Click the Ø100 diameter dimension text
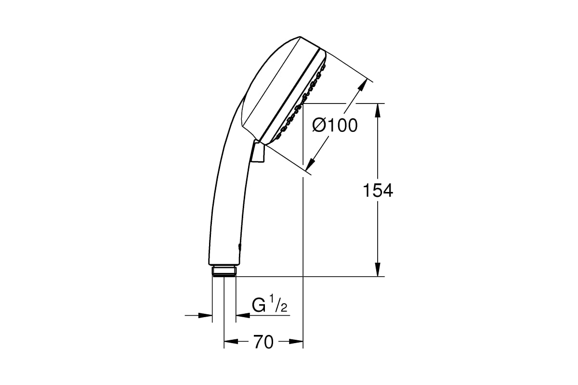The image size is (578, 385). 335,126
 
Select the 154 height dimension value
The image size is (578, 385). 378,191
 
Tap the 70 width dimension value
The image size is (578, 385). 263,342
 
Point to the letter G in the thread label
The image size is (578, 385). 259,306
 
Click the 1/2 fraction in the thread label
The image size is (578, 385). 279,306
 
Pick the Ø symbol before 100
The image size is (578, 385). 320,126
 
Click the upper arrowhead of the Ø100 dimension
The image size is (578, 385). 361,86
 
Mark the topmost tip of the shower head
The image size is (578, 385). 300,37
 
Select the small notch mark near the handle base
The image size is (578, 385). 239,247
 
